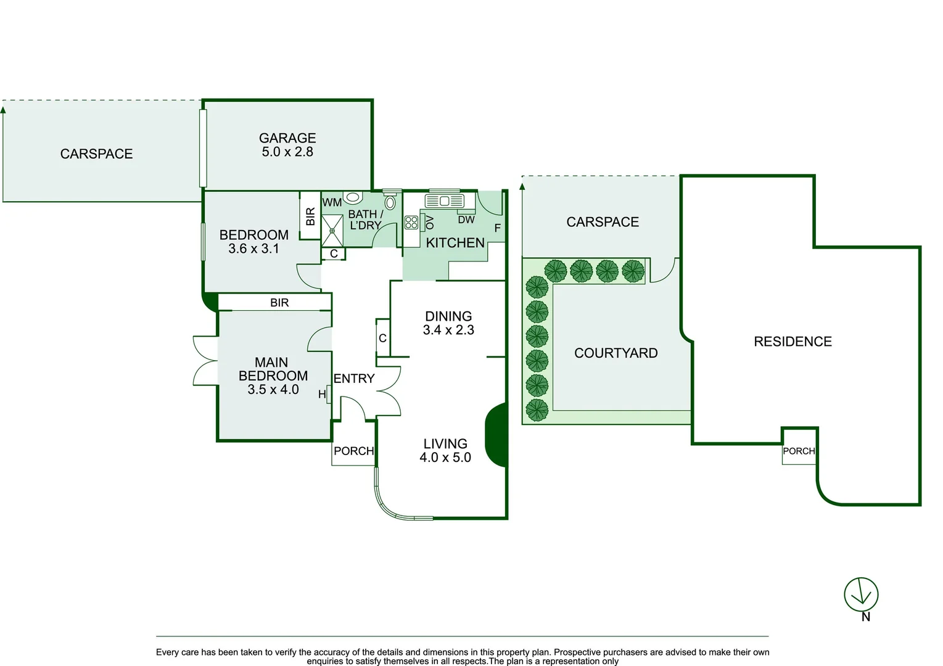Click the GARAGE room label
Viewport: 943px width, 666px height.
click(x=287, y=138)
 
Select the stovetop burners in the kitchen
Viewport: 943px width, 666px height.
click(x=411, y=222)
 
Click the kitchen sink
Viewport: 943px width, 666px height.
click(x=445, y=201)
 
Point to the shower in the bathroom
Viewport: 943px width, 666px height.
click(x=332, y=231)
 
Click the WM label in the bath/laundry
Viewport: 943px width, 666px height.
click(x=332, y=202)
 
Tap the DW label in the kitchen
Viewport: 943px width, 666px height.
click(x=466, y=220)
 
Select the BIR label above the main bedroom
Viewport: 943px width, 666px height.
click(x=279, y=303)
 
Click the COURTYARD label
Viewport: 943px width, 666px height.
click(x=616, y=353)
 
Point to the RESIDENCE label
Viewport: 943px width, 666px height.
click(x=793, y=342)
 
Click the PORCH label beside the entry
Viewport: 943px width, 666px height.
click(x=353, y=451)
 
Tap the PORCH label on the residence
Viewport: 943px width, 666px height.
click(x=799, y=451)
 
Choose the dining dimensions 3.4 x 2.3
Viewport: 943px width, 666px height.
click(x=448, y=330)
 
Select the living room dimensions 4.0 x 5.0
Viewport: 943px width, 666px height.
click(x=445, y=457)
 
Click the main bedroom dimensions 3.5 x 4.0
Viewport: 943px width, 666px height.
click(x=273, y=389)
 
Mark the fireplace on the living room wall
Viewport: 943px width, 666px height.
click(x=496, y=435)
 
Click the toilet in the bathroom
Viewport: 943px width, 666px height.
click(x=390, y=202)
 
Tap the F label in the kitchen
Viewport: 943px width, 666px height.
click(x=497, y=228)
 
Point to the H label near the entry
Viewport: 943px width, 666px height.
click(x=321, y=394)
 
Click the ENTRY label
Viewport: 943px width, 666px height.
click(x=353, y=379)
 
